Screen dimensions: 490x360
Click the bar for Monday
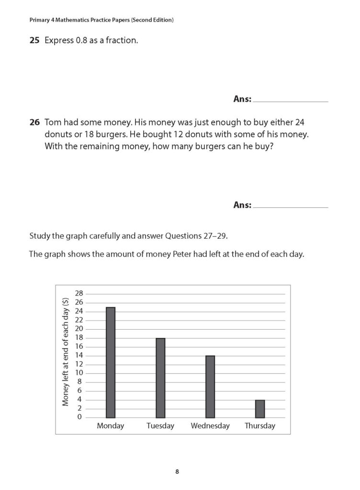click(x=110, y=362)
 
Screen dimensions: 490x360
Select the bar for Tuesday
click(x=160, y=378)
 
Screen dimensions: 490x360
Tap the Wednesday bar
click(x=210, y=387)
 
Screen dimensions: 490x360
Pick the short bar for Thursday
click(x=260, y=409)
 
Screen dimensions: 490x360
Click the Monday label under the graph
click(x=110, y=426)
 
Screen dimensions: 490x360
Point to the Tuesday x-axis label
click(x=160, y=426)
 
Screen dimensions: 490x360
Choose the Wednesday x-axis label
click(x=210, y=426)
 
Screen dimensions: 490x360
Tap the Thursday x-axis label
click(x=260, y=426)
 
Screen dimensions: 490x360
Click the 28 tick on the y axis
click(x=79, y=293)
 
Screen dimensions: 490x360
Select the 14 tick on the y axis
click(x=79, y=356)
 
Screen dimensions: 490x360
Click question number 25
click(x=34, y=41)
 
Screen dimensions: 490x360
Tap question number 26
click(x=34, y=122)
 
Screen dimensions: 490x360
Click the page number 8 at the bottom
click(x=177, y=472)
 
